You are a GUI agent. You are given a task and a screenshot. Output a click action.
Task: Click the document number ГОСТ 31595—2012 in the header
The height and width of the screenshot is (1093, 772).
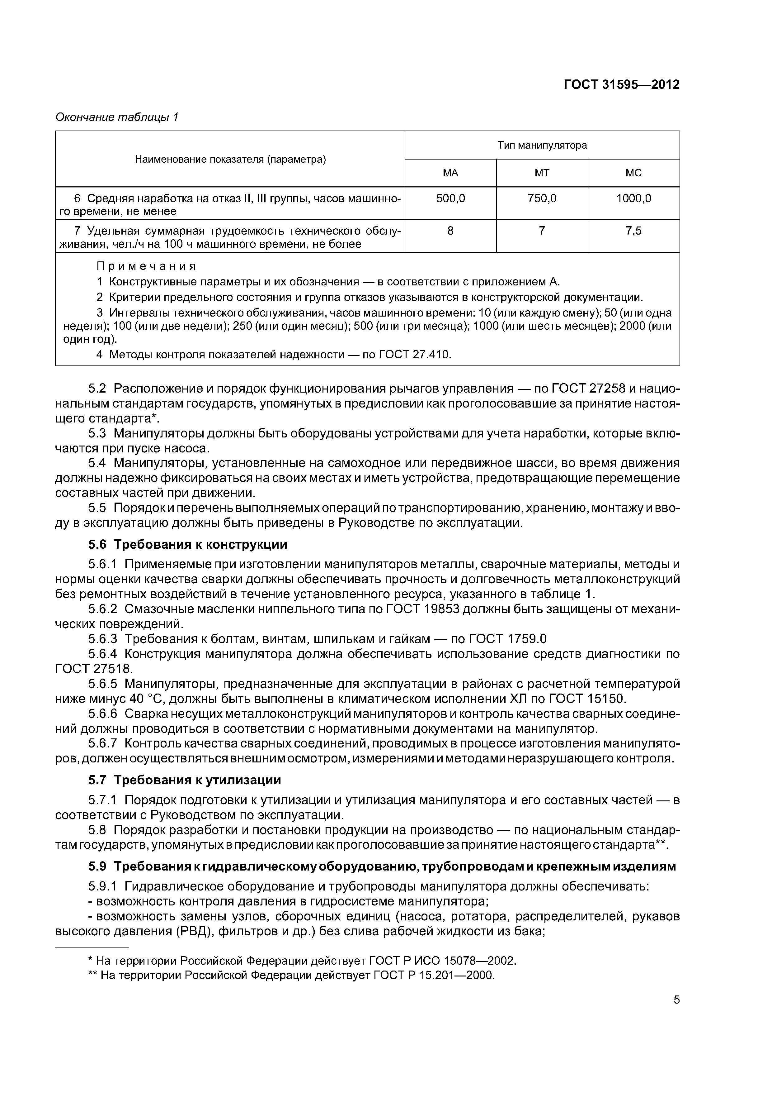pos(621,85)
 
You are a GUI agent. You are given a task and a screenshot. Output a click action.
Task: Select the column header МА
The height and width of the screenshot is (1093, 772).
pos(450,173)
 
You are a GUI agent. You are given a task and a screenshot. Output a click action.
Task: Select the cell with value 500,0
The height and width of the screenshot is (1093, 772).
pos(450,198)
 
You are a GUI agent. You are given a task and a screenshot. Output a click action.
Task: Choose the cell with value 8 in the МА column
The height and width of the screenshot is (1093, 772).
pos(450,231)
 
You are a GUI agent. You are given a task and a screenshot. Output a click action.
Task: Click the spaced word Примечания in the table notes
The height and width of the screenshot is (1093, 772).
pos(147,266)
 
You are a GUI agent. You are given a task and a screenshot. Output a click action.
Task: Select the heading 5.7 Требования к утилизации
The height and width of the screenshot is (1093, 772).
pos(185,780)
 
